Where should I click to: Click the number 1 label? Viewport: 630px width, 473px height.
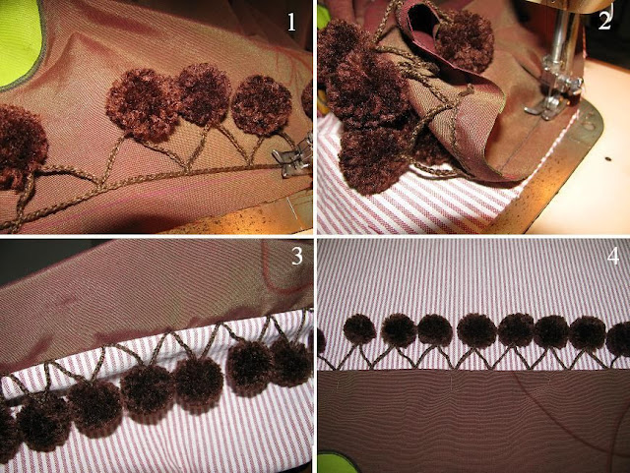tap(291, 22)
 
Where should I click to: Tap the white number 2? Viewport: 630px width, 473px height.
tap(604, 20)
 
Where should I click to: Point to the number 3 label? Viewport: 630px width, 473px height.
tap(297, 257)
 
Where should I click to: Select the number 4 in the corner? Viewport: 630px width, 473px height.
tap(613, 257)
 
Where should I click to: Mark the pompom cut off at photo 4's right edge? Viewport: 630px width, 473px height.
tap(619, 339)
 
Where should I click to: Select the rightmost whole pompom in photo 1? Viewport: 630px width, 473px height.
tap(262, 105)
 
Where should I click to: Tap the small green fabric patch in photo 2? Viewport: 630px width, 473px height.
tap(322, 19)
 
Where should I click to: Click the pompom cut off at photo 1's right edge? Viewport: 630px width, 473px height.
tap(308, 99)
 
